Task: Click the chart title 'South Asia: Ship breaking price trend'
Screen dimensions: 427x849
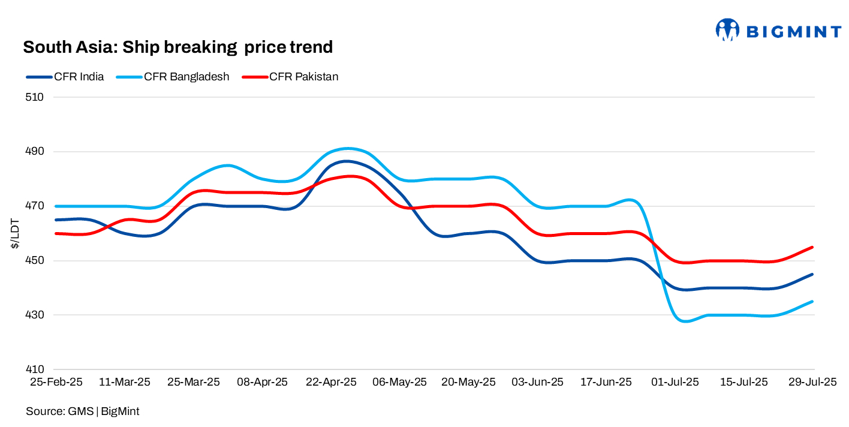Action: tap(177, 47)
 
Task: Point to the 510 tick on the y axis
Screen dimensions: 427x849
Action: tap(37, 97)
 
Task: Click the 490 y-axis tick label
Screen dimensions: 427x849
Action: tap(37, 152)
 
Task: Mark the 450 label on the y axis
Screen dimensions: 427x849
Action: tap(37, 261)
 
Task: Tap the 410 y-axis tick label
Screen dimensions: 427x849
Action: tap(37, 369)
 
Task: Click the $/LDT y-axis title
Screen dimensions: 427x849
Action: tap(14, 233)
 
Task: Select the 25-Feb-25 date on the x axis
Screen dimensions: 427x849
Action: tap(56, 382)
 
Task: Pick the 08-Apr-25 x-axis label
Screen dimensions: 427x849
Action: tap(263, 382)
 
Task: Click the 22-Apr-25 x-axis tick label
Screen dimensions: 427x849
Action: tap(331, 382)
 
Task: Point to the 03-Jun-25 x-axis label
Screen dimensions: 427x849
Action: tap(537, 382)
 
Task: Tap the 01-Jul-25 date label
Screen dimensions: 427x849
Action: tap(675, 382)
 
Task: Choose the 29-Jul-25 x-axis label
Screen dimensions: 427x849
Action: tap(812, 382)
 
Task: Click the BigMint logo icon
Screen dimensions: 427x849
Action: tap(727, 29)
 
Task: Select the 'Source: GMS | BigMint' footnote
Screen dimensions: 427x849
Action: tap(82, 411)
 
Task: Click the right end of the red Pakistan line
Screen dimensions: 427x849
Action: tap(812, 247)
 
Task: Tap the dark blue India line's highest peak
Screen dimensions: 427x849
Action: tap(347, 161)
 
